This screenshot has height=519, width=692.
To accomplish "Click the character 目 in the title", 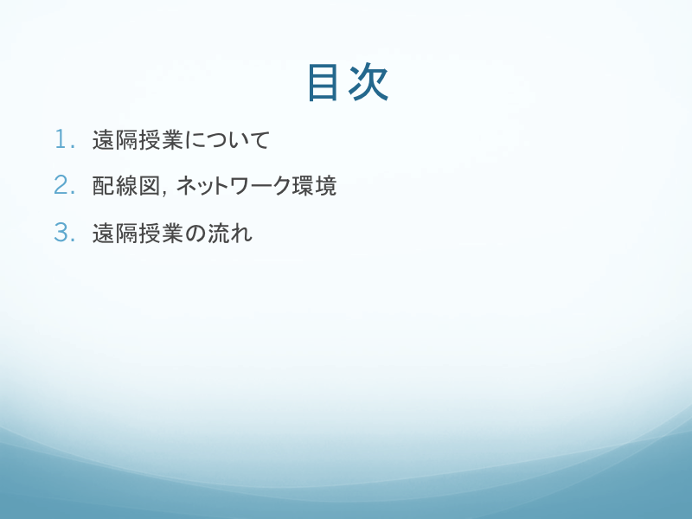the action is (323, 82).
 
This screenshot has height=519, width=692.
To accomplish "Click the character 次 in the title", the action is (368, 82).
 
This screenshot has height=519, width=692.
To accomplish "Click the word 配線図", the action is (126, 185).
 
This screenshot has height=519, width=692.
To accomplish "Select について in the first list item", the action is (227, 139).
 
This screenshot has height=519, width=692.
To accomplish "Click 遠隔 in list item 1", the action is (115, 139).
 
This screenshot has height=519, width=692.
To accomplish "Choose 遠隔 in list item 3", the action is (115, 233).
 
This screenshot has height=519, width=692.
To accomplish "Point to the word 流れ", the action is (229, 233).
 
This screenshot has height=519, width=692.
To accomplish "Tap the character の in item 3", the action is (195, 233).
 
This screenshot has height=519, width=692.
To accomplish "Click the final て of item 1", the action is (259, 140).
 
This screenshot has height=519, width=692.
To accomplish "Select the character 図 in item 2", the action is (149, 185).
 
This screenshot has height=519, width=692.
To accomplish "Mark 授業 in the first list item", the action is (161, 139).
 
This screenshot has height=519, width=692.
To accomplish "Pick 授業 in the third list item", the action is (161, 233).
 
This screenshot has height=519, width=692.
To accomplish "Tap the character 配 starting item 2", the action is (103, 185).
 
